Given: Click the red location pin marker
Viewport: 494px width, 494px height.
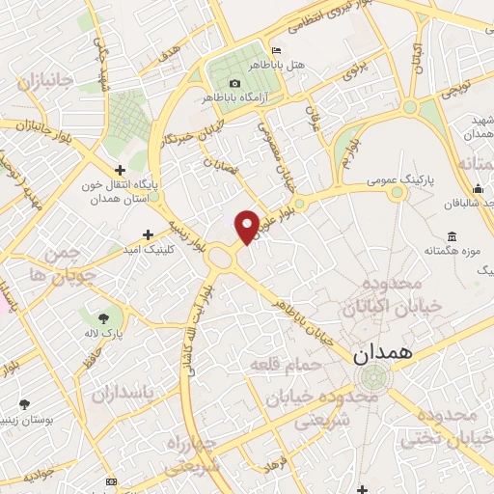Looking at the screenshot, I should (x=248, y=226).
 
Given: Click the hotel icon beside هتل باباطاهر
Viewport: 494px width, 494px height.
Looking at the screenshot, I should (x=278, y=51).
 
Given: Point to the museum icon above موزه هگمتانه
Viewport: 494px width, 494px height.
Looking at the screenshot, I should (x=452, y=236).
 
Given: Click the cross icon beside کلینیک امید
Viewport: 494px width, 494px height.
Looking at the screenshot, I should (x=148, y=233).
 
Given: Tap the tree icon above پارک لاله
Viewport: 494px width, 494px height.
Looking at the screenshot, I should (x=104, y=316).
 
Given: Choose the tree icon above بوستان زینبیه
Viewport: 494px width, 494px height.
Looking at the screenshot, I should (x=24, y=403).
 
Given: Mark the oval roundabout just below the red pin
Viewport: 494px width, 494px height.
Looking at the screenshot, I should (x=225, y=258).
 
